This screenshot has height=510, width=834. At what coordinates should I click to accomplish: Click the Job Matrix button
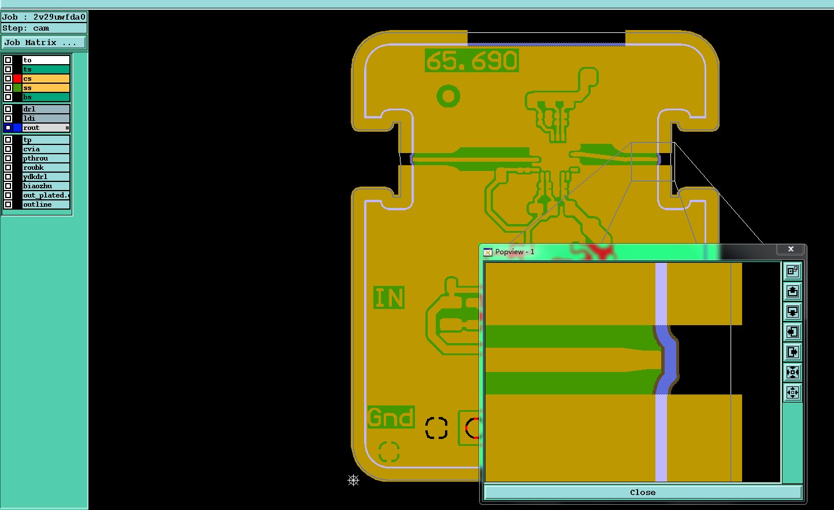[x=44, y=42]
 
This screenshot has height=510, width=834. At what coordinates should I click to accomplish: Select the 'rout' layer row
[x=46, y=128]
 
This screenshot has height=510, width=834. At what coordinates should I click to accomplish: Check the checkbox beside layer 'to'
[x=8, y=60]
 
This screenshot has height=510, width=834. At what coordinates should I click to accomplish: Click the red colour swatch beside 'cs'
[x=17, y=79]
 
